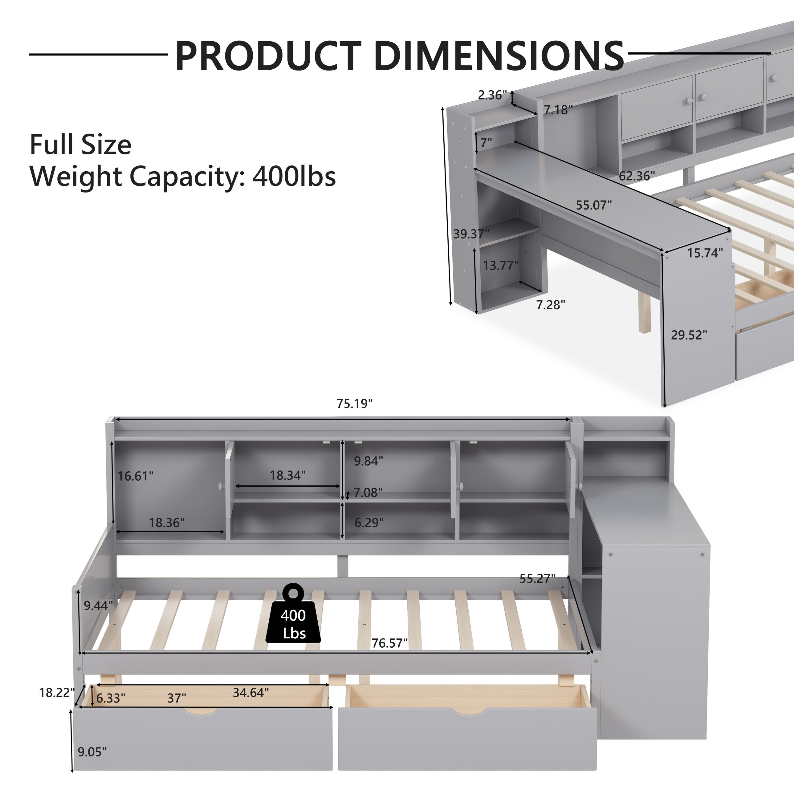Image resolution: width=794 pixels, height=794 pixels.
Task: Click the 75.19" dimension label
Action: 355,404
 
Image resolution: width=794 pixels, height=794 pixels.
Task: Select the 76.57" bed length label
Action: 389,643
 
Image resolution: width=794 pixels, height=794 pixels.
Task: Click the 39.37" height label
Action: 471,234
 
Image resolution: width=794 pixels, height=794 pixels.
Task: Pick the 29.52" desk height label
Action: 689,335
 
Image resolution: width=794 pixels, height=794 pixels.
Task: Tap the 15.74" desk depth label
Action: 705,253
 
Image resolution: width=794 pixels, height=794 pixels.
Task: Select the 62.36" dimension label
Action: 637,176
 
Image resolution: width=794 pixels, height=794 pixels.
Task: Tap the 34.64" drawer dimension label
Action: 251,693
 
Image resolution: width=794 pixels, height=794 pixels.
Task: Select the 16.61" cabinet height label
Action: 136,476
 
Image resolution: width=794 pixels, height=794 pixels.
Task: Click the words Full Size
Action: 80,145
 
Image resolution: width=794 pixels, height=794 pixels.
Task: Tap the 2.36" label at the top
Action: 492,95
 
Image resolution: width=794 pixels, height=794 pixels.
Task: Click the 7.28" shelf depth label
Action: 551,305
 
